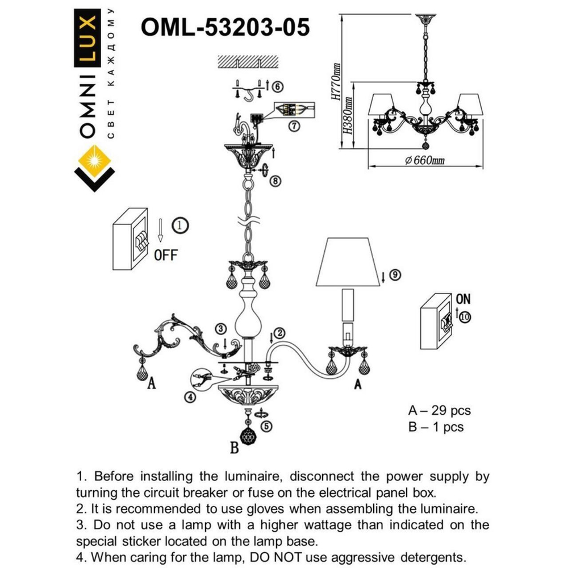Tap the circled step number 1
(179, 225)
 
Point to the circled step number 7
(293, 127)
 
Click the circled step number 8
(275, 181)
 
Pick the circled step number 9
(395, 275)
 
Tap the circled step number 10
(465, 318)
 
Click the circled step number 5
(266, 426)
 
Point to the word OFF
(166, 255)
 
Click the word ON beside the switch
(463, 299)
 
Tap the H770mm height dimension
(336, 81)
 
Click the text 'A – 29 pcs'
(440, 410)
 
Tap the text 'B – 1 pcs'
(436, 427)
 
